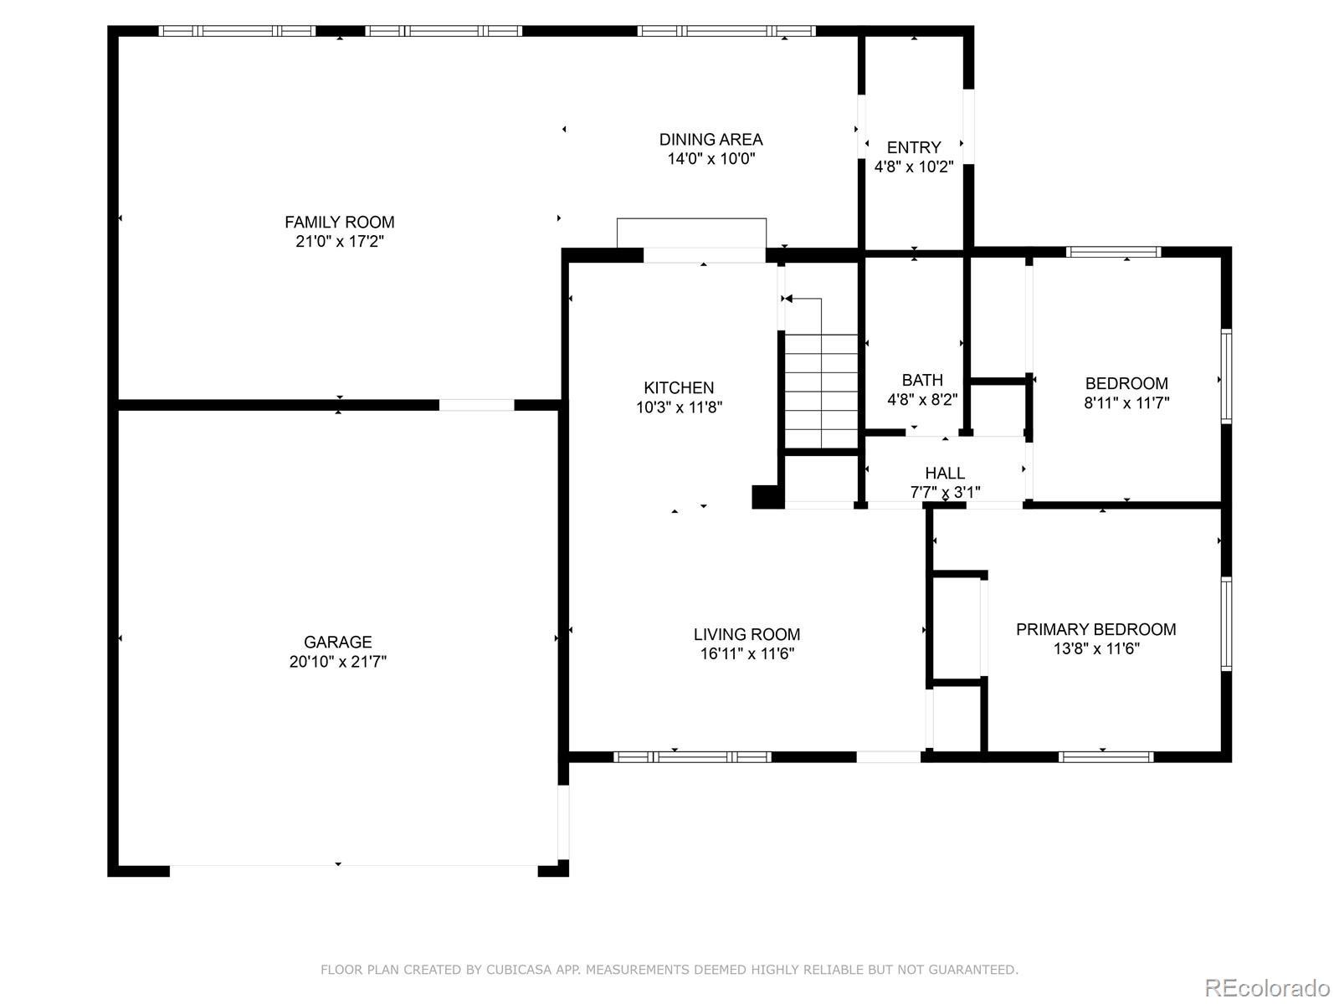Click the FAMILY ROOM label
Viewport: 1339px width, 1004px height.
coord(339,222)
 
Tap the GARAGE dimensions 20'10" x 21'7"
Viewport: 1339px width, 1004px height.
coord(338,662)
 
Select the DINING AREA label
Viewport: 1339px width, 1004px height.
coord(711,140)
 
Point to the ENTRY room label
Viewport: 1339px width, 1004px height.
coord(913,147)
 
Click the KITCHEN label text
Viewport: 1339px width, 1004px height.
coord(679,387)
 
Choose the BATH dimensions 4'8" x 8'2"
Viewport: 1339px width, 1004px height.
coord(922,399)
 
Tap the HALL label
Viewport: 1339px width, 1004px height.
coord(945,473)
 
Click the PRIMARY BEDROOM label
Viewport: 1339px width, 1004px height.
coord(1095,629)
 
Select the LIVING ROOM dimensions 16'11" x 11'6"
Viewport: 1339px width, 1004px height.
coord(746,653)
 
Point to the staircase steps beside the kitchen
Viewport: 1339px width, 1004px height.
coord(821,391)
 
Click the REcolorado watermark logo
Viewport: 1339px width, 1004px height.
coord(1267,986)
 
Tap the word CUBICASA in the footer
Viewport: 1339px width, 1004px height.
coord(519,969)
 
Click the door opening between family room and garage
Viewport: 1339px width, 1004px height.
coord(476,405)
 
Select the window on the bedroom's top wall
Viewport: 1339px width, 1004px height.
coord(1113,252)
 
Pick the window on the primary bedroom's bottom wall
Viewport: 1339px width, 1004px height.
coord(1106,757)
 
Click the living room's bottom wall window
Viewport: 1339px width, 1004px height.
coord(692,757)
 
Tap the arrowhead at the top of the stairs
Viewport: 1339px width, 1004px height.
coord(788,299)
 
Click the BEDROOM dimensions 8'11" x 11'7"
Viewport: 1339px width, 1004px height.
coord(1126,403)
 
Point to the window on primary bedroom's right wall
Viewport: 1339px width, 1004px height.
coord(1226,623)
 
